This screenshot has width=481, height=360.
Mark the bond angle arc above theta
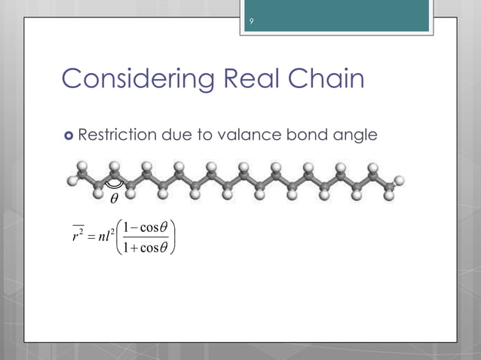click(114, 184)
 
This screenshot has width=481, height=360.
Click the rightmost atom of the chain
click(400, 180)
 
